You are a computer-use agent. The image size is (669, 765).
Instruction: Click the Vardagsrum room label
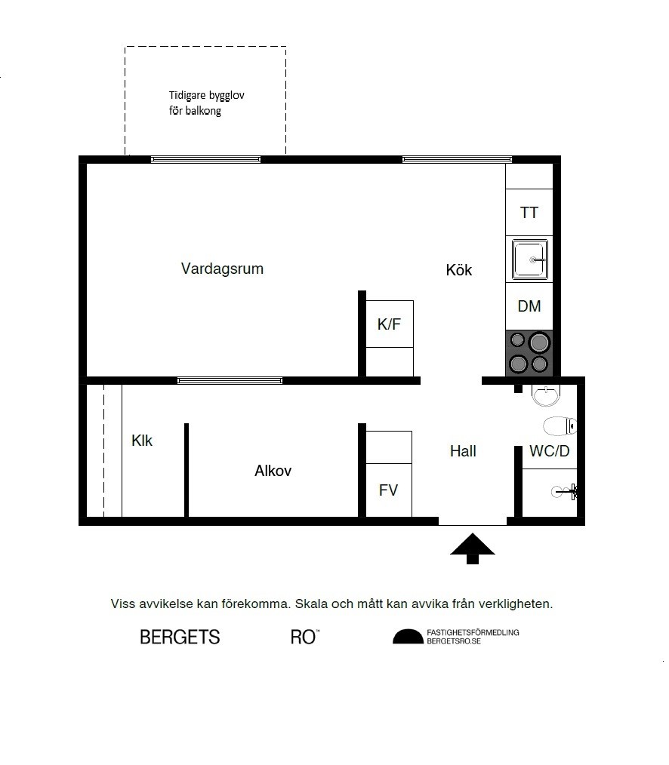(x=222, y=269)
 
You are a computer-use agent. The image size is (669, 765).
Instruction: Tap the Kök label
(x=458, y=270)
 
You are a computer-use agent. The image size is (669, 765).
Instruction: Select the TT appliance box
(x=529, y=213)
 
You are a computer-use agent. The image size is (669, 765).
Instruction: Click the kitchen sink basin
(x=532, y=260)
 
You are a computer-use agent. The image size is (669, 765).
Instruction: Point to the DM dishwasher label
(x=529, y=306)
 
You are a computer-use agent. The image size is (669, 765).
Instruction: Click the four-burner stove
(x=529, y=353)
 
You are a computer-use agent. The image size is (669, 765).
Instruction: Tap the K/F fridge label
(x=389, y=324)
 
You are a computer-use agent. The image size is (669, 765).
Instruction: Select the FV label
(x=388, y=490)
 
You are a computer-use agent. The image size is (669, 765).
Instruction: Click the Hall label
(x=463, y=451)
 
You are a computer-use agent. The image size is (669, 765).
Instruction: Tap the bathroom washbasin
(x=544, y=394)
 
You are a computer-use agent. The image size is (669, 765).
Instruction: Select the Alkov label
(x=273, y=471)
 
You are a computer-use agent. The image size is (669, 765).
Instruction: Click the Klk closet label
(x=142, y=441)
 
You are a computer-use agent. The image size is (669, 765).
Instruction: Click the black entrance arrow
(x=472, y=548)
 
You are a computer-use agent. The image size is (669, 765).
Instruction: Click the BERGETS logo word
(x=180, y=637)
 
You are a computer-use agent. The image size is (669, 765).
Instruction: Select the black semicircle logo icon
(x=408, y=637)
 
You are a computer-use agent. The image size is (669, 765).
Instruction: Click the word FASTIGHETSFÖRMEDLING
(x=473, y=632)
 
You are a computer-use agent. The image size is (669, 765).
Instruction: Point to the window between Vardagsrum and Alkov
(x=230, y=380)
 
